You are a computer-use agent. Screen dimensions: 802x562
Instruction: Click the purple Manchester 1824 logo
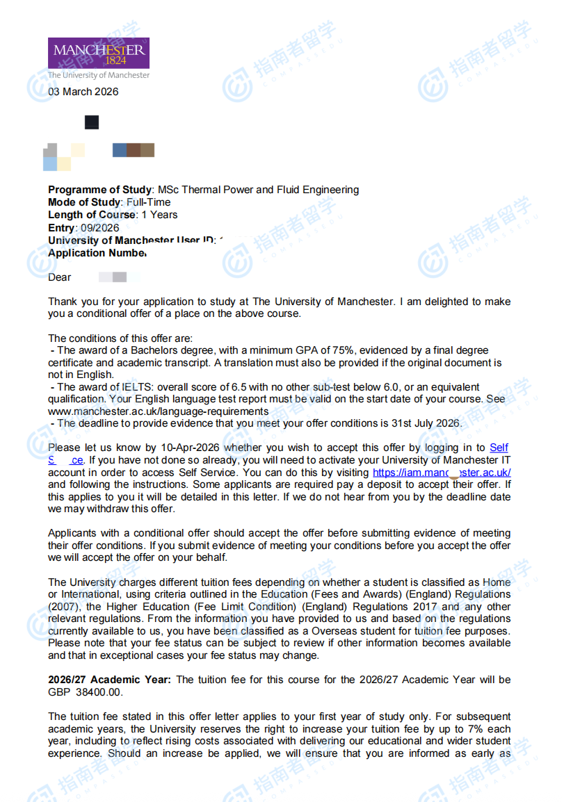pos(98,53)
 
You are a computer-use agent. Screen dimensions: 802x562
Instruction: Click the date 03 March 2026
pos(83,92)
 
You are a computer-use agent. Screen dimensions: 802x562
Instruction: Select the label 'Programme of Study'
pos(99,190)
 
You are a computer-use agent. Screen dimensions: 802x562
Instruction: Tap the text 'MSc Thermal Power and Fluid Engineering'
pos(258,190)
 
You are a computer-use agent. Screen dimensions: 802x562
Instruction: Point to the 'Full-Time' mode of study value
pos(149,202)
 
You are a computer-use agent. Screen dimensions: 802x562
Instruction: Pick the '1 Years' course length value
pos(159,215)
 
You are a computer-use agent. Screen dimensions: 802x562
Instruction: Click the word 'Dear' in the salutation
pos(60,277)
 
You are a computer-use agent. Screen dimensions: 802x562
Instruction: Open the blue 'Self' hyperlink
pos(499,448)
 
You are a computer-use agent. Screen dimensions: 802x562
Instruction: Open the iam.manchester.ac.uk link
pos(442,473)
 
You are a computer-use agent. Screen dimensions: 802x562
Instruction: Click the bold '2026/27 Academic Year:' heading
pos(109,680)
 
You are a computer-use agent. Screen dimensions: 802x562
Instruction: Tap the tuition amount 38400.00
pos(98,692)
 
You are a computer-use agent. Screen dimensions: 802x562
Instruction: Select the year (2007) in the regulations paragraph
pos(62,607)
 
